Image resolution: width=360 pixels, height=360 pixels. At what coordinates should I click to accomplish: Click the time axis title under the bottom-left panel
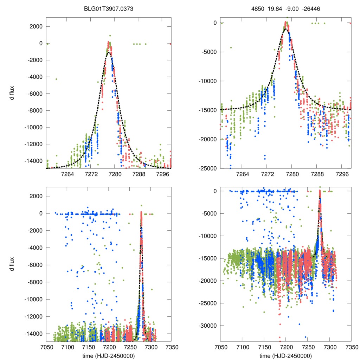pos(109,355)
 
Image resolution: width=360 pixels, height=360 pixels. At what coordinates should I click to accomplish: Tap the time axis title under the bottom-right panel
pos(286,355)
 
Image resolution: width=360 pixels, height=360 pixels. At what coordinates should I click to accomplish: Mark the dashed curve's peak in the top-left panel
pos(109,53)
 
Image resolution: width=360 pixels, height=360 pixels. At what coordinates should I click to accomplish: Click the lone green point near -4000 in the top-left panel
pos(56,79)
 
